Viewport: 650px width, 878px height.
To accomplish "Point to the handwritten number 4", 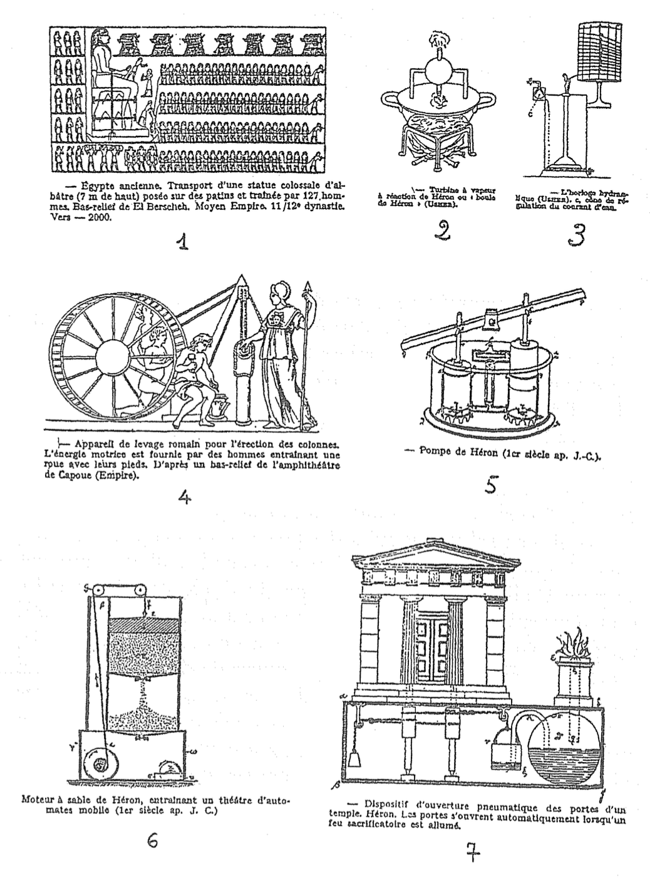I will pos(184,497).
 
